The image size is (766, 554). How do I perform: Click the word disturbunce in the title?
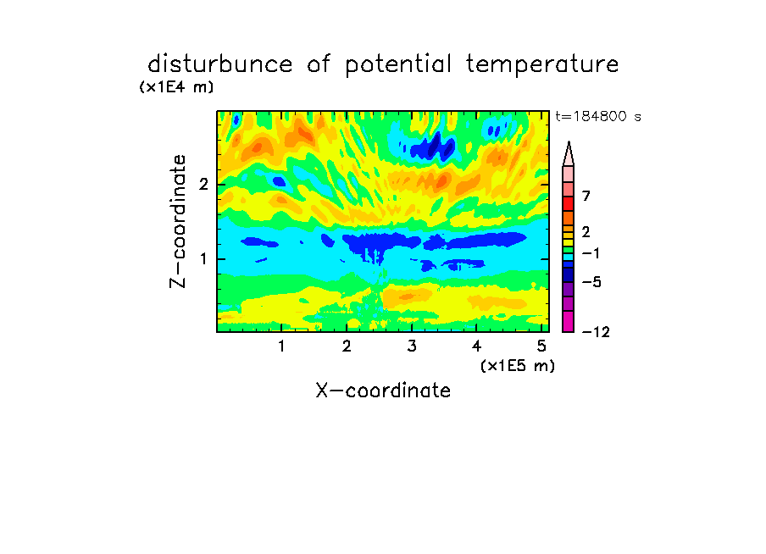[x=220, y=64]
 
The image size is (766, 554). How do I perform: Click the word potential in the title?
[x=397, y=65]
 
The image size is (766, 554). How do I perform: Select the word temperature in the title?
[x=542, y=65]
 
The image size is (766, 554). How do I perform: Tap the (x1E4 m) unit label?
[x=176, y=87]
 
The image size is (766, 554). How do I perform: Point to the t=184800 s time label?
[x=598, y=116]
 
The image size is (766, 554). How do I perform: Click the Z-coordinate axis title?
[x=178, y=221]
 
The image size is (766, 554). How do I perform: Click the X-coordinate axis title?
[x=383, y=391]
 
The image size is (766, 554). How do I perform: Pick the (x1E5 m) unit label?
[x=518, y=366]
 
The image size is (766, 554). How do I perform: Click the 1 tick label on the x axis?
[x=281, y=346]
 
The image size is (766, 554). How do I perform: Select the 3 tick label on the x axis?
[x=412, y=346]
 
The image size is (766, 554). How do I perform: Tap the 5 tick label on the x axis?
[x=541, y=346]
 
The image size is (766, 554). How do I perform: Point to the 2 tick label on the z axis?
[x=203, y=185]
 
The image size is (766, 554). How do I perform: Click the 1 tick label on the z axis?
[x=203, y=258]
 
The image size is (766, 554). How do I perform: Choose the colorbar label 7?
[x=586, y=197]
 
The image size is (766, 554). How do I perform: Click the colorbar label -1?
[x=591, y=253]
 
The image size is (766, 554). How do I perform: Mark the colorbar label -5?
[x=591, y=282]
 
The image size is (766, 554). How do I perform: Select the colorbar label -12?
[x=596, y=332]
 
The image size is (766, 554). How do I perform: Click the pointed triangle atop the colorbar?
[x=569, y=154]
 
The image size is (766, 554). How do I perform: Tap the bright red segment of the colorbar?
[x=569, y=203]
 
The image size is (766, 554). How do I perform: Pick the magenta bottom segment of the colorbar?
[x=569, y=321]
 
